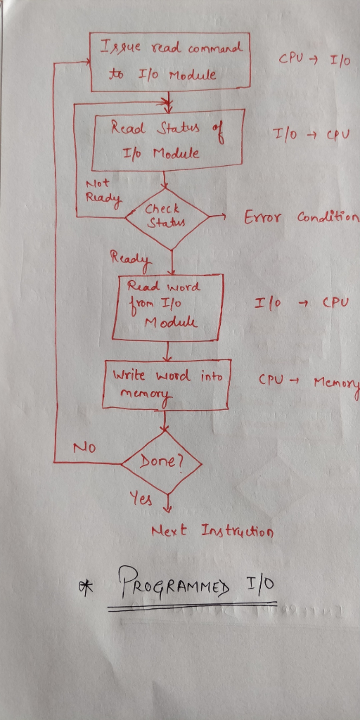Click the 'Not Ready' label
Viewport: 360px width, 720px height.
[104, 193]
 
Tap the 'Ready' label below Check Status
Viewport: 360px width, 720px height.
[130, 260]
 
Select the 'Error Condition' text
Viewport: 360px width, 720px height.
[301, 217]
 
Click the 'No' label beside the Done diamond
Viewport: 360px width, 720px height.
[84, 448]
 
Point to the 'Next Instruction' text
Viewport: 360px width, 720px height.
[212, 532]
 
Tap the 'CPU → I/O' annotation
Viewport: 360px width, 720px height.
[314, 60]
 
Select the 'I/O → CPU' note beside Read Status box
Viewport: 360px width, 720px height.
[311, 136]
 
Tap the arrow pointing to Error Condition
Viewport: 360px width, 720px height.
[217, 216]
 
